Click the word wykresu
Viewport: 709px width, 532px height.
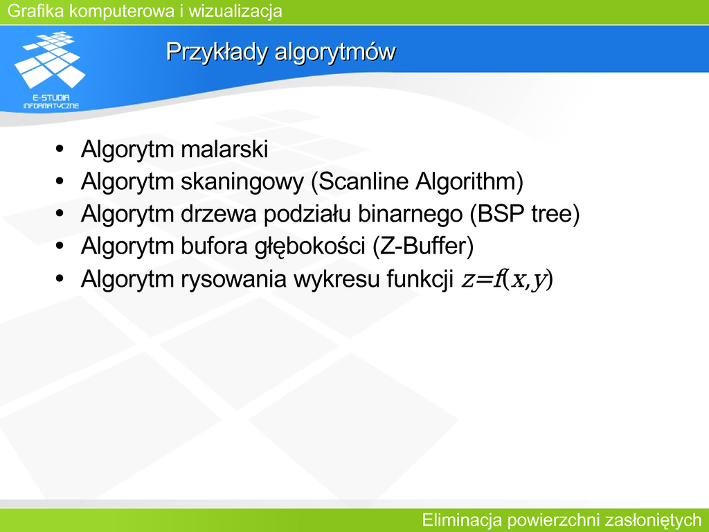(x=336, y=279)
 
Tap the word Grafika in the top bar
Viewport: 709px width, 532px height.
(x=36, y=10)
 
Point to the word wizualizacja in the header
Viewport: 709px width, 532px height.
(x=235, y=10)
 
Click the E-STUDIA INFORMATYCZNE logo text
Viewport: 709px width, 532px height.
(x=51, y=102)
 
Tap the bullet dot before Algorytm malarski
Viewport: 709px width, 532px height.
(x=60, y=149)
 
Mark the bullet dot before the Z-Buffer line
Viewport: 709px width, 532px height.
(x=60, y=247)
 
